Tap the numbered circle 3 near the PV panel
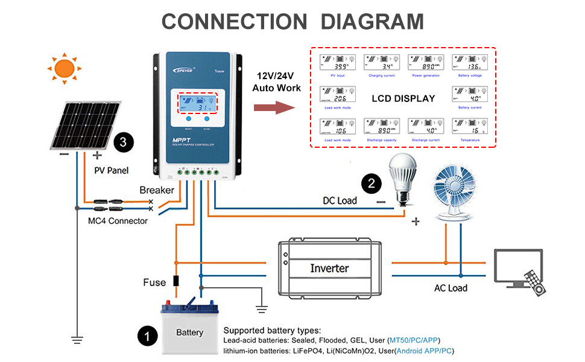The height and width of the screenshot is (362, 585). coord(123,143)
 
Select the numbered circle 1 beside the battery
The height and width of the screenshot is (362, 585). coord(148,335)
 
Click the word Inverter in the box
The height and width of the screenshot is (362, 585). coord(329,268)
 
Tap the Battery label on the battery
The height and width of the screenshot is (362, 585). coord(189,332)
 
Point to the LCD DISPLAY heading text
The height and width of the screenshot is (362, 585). coord(403,98)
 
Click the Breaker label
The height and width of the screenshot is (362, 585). coord(157,190)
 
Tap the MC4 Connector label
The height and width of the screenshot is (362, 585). coord(118,221)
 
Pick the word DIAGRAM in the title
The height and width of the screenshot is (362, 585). coord(372,22)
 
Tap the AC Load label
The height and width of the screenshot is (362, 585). coord(451,288)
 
